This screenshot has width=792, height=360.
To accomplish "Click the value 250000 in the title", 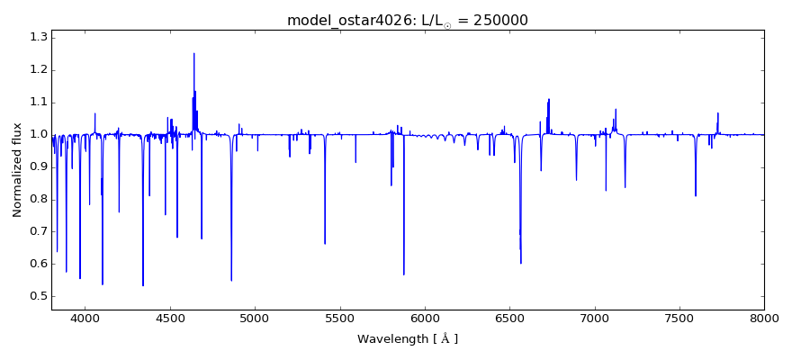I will (496, 20).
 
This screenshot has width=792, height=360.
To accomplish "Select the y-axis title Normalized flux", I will (17, 170).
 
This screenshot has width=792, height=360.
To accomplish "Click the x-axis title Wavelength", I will (392, 339).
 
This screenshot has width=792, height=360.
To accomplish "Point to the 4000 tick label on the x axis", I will (85, 319).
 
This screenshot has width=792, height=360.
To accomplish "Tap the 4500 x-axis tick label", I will (170, 319).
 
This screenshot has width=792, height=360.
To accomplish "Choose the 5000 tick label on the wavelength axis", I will (255, 319).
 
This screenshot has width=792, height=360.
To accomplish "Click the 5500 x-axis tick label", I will (339, 319).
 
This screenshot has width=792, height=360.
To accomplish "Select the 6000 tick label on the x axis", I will (425, 319).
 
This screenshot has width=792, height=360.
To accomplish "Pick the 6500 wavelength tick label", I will (509, 319).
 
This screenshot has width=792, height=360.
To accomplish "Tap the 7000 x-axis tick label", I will (594, 319).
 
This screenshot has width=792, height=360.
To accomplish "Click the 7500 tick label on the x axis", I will (679, 319).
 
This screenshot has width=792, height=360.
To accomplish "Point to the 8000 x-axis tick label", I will (763, 319).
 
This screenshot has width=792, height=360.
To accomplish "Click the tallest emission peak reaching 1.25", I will (193, 54).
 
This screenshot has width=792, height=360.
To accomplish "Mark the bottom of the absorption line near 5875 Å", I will (403, 274).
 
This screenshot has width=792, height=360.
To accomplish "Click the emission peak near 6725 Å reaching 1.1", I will (549, 100).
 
